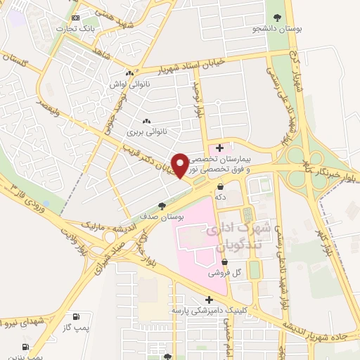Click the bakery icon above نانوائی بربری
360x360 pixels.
click(x=146, y=122)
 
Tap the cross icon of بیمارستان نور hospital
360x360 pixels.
click(x=220, y=148)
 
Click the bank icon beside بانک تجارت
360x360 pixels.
click(x=76, y=18)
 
